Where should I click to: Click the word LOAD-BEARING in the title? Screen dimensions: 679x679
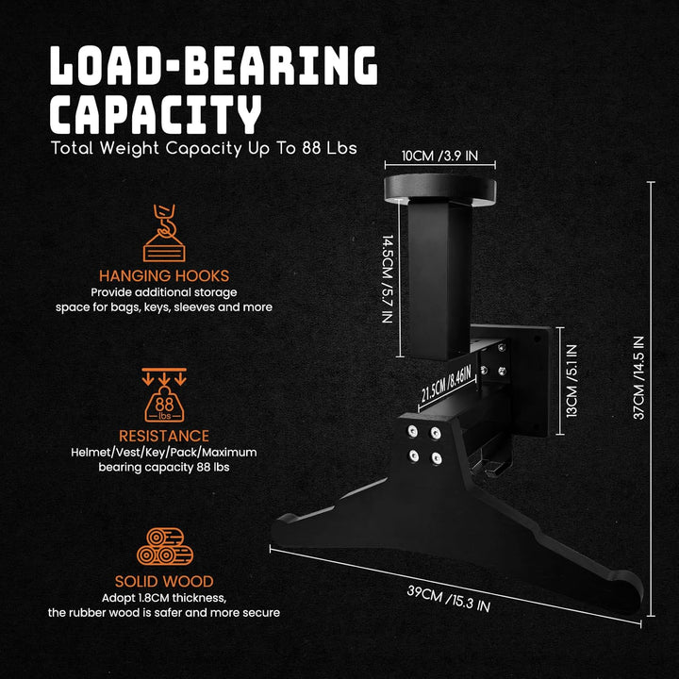coord(214,65)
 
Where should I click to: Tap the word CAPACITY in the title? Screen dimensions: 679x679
coord(156,114)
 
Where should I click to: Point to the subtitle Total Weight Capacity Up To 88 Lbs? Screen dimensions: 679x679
coord(204,148)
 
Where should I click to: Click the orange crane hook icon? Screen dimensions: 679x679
coord(164,233)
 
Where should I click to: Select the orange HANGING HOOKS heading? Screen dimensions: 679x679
coord(164,275)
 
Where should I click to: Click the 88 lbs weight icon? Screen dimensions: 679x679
coord(164,395)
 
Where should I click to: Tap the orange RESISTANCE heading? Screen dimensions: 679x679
coord(164,436)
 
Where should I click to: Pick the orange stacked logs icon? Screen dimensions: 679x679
coord(164,546)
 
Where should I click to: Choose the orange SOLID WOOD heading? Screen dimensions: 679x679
coord(164,581)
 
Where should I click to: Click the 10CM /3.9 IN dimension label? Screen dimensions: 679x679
coord(440,156)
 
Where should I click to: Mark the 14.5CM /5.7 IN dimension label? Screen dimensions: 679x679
coord(388,279)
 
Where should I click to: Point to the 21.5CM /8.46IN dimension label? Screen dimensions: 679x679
coord(446,383)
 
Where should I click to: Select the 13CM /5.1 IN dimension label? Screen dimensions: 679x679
coord(572,381)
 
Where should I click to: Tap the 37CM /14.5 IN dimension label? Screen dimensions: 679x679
coord(639,377)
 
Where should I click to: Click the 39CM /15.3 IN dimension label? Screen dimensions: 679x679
coord(449,599)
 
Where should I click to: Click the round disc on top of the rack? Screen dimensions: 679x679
coord(440,190)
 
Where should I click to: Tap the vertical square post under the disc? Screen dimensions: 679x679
coord(439,279)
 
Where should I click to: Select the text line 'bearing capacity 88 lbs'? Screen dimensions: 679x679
coord(164,467)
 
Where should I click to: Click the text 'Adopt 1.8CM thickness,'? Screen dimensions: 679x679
coord(164,598)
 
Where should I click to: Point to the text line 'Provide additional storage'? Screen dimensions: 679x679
coord(164,292)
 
